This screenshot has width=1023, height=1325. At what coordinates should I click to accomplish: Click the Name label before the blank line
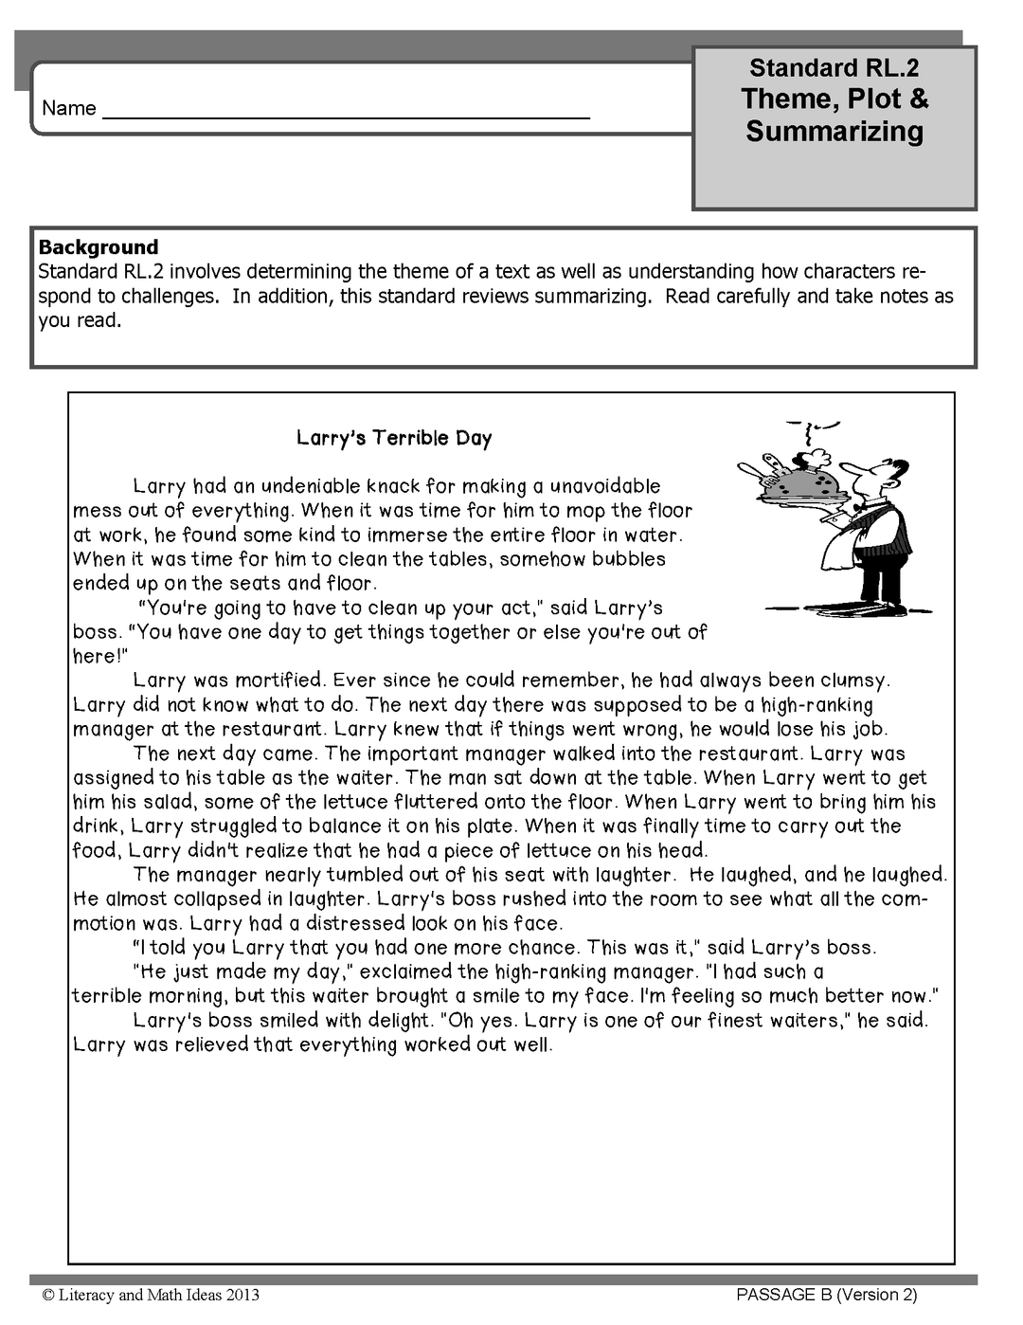click(68, 108)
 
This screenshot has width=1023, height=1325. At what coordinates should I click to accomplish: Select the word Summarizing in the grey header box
click(834, 131)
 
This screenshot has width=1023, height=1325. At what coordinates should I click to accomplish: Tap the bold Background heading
click(99, 247)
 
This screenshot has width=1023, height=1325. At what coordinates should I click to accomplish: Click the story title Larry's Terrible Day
click(394, 438)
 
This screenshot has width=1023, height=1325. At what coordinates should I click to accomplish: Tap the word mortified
click(279, 680)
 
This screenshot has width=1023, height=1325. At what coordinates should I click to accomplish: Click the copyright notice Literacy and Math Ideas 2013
click(151, 1295)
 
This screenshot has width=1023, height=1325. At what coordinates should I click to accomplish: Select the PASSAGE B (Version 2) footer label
click(826, 1295)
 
